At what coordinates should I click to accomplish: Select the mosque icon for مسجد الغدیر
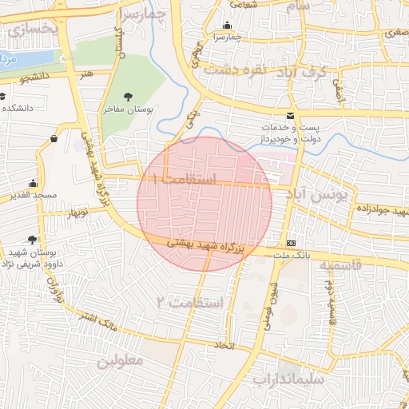coord(33,183)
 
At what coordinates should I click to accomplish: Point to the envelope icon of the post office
coord(289,117)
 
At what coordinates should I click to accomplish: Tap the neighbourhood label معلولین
coord(120,361)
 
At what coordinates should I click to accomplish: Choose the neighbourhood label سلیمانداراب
coord(288,379)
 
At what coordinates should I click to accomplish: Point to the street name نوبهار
coord(77,213)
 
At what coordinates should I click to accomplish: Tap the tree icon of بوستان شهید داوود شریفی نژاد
coord(32,239)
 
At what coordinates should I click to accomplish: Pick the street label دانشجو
coord(35,77)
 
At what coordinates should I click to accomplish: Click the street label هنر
coord(85,73)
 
